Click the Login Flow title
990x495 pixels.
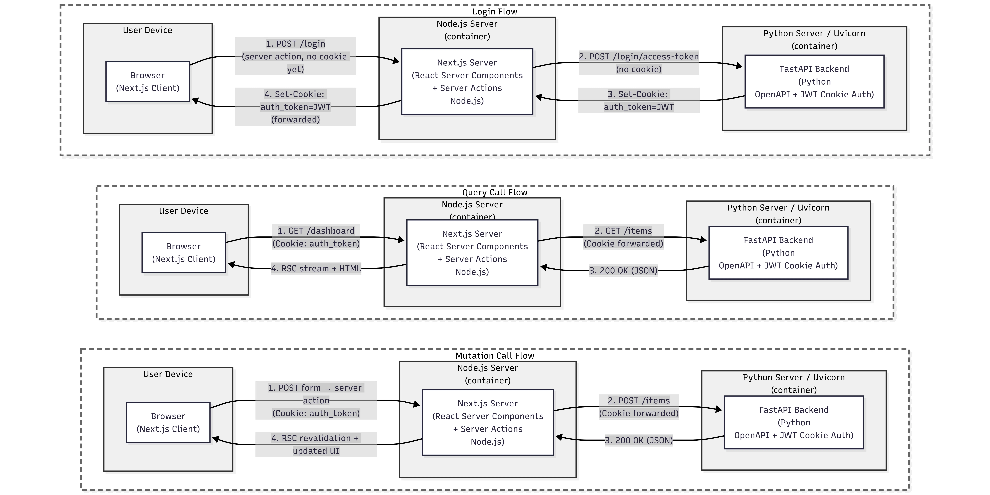coord(495,12)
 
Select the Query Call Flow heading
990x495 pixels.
coord(495,192)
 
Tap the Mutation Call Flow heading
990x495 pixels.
coord(495,356)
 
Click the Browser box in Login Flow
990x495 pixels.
coord(148,82)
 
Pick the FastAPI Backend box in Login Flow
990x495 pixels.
coord(814,82)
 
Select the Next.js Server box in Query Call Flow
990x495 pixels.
coord(472,253)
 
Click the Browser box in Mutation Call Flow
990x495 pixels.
coord(168,422)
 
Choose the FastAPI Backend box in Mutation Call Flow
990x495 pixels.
coord(794,422)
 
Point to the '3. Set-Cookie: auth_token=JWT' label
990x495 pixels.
coord(639,100)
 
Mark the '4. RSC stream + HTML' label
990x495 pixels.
coord(316,268)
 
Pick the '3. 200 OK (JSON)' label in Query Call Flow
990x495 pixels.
coord(623,271)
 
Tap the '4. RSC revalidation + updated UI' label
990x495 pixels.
coord(316,444)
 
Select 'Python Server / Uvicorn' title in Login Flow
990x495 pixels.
coord(814,33)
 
